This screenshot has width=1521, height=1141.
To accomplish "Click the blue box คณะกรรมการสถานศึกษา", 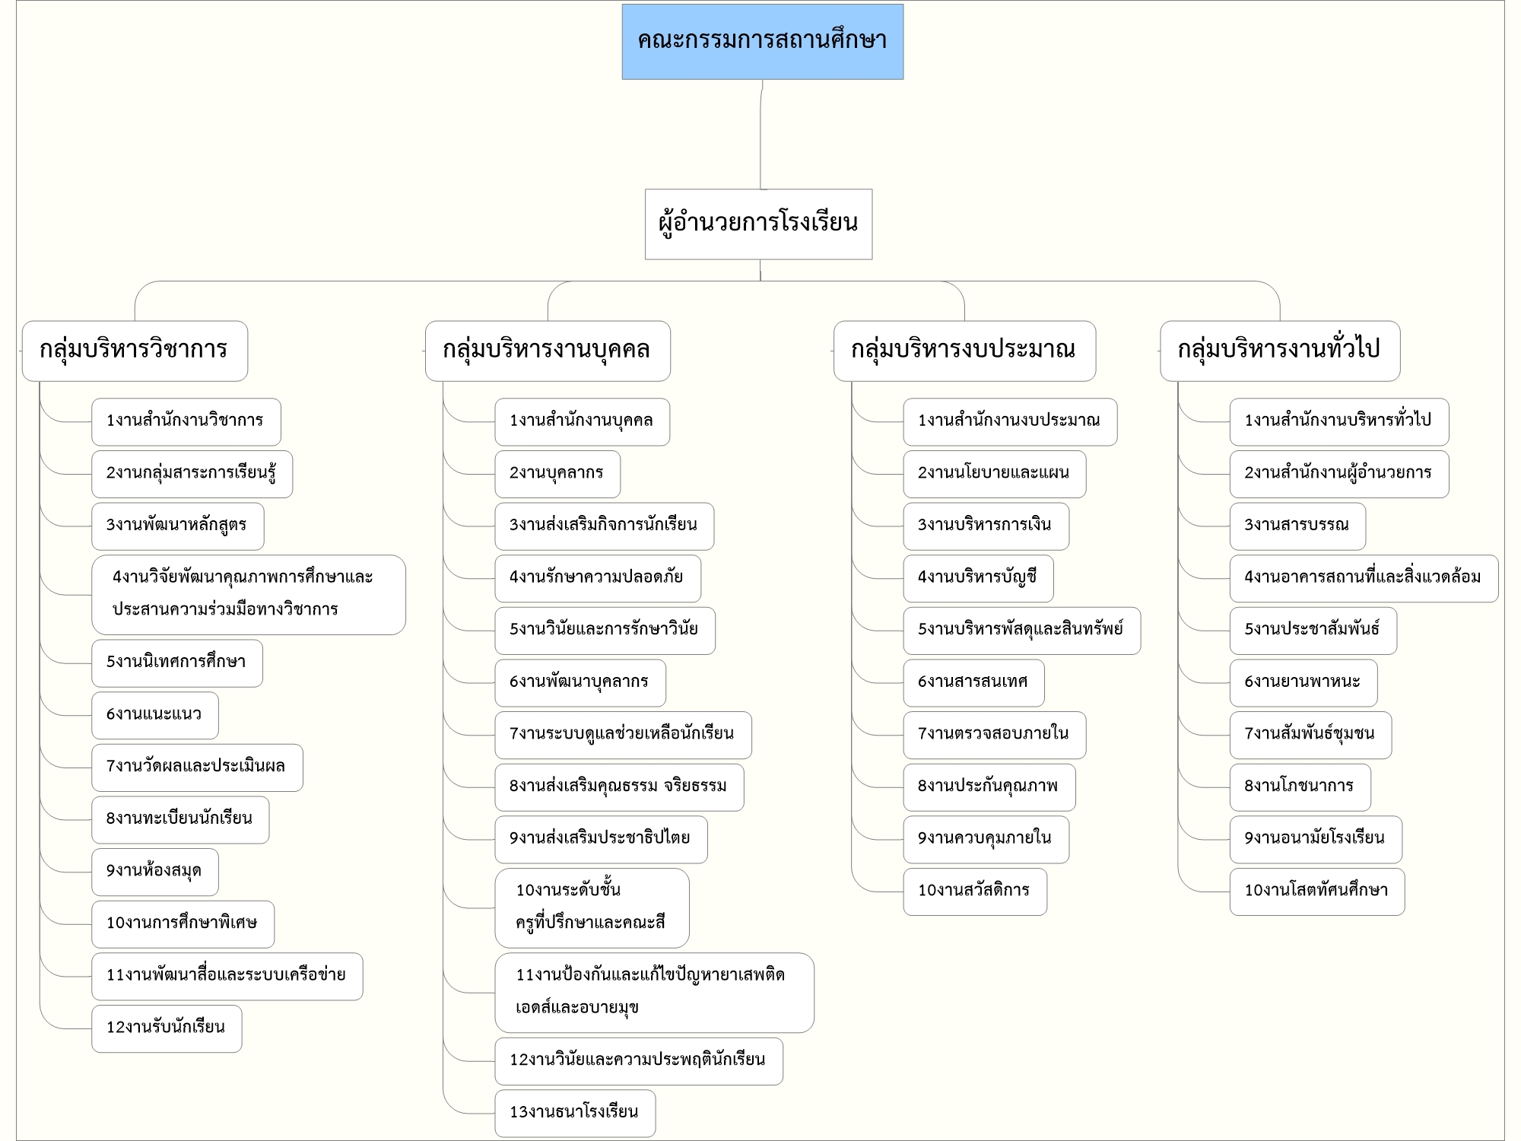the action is point(763,42).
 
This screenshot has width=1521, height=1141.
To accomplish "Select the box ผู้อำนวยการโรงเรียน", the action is point(759,224).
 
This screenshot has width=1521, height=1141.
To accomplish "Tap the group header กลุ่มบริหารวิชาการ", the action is point(135,351).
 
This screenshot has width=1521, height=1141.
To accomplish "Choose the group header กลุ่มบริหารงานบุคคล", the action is point(548,351).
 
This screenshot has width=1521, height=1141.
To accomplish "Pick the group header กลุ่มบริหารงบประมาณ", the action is point(964,351).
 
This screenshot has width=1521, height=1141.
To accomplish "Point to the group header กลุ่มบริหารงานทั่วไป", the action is point(1280,351).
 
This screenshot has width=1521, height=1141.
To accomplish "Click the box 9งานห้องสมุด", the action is point(155,872).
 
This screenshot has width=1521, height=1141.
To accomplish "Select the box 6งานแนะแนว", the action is point(155,715).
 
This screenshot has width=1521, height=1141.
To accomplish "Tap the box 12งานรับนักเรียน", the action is point(167,1028).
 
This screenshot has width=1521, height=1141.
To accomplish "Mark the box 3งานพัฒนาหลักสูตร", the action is point(178,526).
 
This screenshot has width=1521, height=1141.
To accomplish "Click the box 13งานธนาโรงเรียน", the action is point(575,1113).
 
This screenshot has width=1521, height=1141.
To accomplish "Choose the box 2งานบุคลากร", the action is point(557,474).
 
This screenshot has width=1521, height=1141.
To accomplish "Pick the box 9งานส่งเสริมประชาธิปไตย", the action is point(601,839).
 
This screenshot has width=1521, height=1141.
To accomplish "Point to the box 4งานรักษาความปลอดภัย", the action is point(598,578).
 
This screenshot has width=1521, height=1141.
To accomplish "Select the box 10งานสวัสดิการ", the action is point(975,892).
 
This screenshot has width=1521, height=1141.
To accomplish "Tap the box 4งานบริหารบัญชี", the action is point(978,578).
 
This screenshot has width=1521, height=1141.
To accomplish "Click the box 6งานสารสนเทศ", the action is point(973,682).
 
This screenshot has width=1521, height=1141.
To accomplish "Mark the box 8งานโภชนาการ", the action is point(1300,787).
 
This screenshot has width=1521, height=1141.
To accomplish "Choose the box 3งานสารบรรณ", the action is point(1297,526).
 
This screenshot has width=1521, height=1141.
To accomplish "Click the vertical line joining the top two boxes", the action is point(760,135).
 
